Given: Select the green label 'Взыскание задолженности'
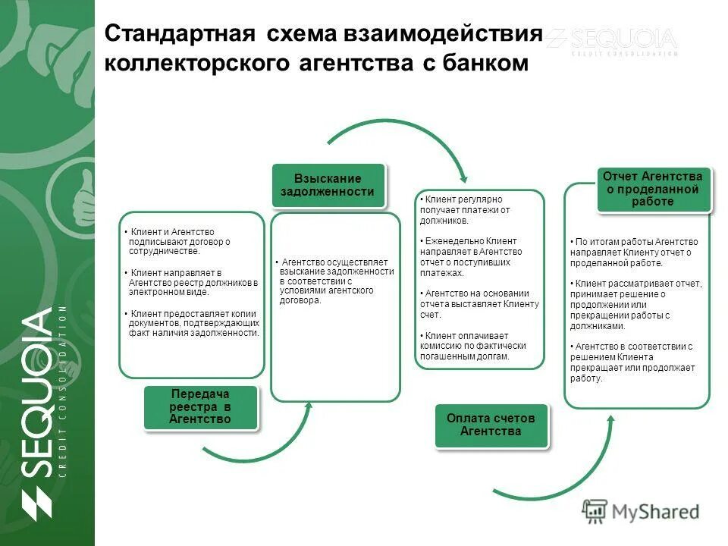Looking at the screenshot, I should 328,185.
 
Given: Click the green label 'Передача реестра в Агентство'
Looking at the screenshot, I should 200,407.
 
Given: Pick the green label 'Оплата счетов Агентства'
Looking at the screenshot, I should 491,425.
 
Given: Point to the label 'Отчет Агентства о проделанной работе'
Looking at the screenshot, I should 653,190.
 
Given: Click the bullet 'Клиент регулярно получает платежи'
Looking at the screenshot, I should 465,209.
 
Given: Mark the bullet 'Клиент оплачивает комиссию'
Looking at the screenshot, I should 472,346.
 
